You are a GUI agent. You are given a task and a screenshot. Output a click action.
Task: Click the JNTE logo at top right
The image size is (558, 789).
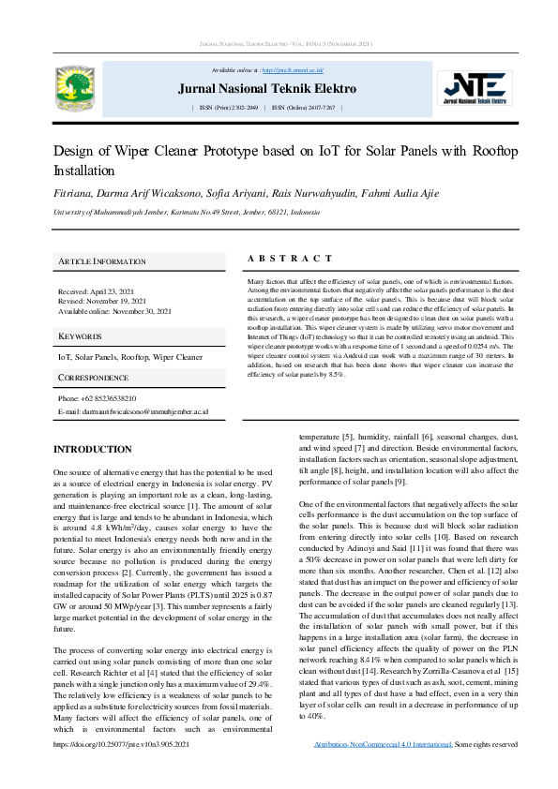point(477,86)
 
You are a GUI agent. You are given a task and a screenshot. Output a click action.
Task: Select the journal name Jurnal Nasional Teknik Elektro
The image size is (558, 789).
point(267,89)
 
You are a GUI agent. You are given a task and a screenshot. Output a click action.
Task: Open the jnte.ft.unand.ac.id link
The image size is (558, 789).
point(293,70)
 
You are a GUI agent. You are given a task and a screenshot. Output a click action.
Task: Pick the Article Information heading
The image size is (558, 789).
point(102,261)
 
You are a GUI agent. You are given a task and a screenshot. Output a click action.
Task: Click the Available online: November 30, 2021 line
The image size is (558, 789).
point(114,310)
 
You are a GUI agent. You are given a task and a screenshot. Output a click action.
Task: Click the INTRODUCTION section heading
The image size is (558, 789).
point(92,450)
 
